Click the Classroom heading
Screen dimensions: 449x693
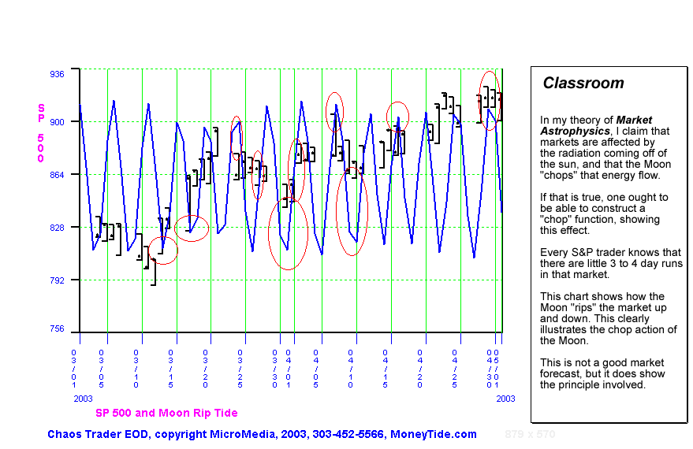click(x=583, y=83)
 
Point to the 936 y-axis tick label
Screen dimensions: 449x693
click(x=58, y=73)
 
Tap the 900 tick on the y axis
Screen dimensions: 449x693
click(x=58, y=121)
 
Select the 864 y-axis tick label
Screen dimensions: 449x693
click(x=58, y=174)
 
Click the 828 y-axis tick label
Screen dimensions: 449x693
click(x=58, y=227)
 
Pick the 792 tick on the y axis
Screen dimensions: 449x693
click(x=58, y=280)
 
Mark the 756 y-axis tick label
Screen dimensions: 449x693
click(x=58, y=329)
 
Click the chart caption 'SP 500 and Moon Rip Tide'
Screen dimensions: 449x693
click(x=166, y=413)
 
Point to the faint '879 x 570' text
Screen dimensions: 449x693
click(x=530, y=434)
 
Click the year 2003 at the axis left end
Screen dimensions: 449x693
click(x=83, y=399)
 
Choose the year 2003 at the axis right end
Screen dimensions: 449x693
click(x=505, y=399)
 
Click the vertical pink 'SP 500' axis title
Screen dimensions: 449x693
click(x=41, y=132)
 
